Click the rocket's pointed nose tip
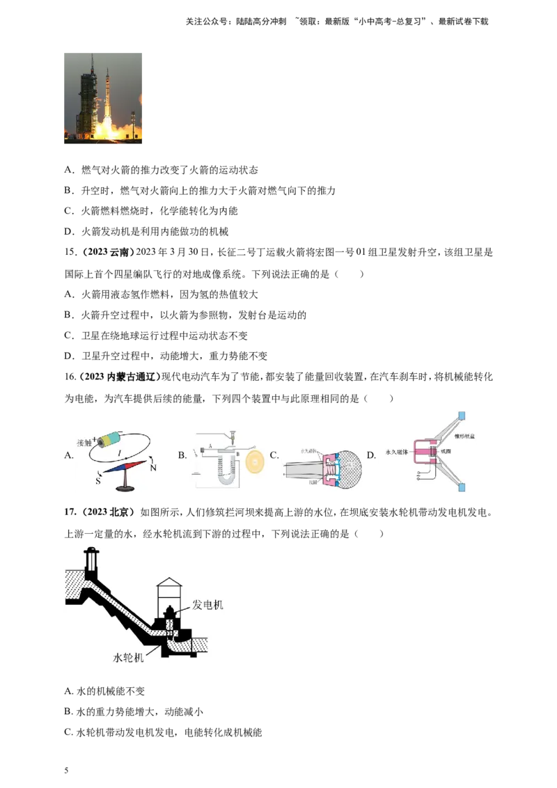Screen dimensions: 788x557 click(108, 68)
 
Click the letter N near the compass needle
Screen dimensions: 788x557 click(152, 468)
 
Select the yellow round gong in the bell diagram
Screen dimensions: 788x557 click(255, 459)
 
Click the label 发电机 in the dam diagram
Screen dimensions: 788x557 click(208, 605)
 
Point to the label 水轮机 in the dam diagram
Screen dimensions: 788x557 click(129, 656)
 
